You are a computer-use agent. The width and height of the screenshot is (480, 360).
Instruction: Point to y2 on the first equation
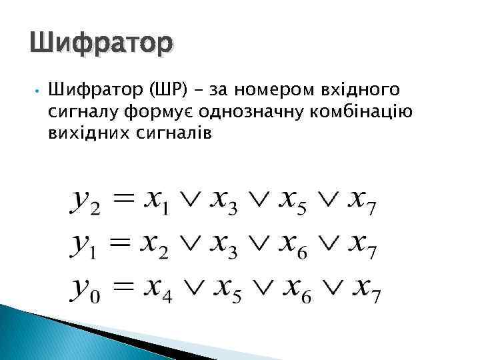(85, 201)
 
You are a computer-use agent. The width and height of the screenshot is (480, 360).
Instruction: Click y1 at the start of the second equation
(84, 246)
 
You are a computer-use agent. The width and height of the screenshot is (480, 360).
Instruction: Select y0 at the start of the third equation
(85, 290)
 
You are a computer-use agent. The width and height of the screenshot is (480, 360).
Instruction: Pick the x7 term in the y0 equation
(365, 290)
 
